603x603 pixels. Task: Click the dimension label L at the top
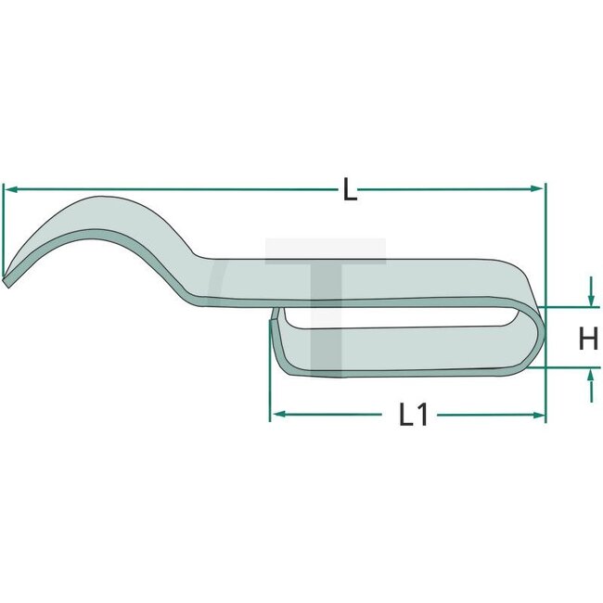click(x=348, y=190)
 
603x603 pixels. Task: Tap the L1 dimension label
click(x=413, y=417)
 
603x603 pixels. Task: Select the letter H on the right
click(x=588, y=339)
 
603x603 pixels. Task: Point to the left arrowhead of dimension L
click(x=10, y=189)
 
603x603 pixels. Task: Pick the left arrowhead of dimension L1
click(x=276, y=415)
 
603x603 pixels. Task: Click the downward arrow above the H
click(x=591, y=299)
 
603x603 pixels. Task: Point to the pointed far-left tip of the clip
click(x=6, y=281)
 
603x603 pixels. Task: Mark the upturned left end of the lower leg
click(x=274, y=325)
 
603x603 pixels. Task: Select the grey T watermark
click(x=325, y=278)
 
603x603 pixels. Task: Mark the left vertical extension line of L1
click(x=270, y=390)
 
